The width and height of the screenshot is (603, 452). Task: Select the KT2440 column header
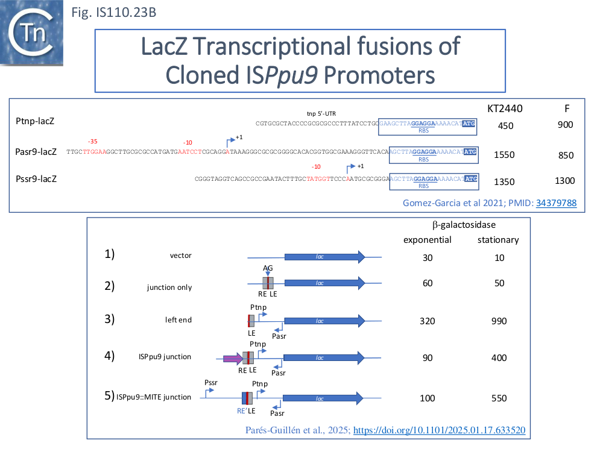tap(504, 108)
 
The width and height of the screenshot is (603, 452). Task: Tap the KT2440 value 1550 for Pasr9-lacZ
tap(504, 155)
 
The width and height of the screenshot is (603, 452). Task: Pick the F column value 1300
tap(565, 181)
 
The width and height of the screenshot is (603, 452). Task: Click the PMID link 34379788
tap(556, 203)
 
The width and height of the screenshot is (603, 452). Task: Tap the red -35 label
tap(93, 141)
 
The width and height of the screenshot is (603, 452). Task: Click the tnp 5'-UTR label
tap(321, 113)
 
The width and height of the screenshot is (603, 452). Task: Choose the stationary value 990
tap(499, 321)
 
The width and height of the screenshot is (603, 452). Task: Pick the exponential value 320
tap(428, 321)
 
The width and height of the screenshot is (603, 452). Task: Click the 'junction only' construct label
tap(169, 287)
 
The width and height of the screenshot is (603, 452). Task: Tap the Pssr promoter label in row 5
tap(212, 383)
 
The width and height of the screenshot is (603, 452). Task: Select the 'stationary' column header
tap(498, 240)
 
